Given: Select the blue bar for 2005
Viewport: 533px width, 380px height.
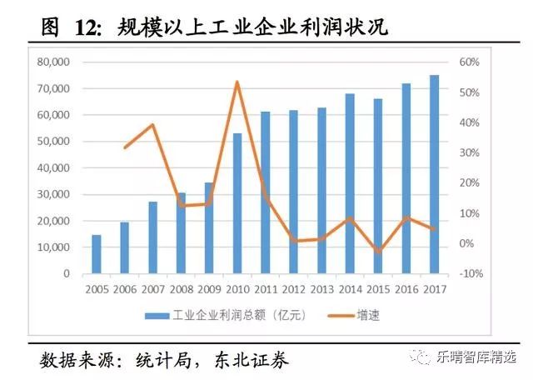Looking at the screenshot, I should (97, 254).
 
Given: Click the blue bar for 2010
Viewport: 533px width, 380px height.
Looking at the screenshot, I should (237, 203).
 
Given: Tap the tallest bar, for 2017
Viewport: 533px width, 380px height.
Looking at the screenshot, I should (434, 174).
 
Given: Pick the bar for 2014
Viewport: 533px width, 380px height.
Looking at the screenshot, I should (350, 183).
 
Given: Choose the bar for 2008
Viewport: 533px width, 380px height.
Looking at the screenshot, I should (181, 233).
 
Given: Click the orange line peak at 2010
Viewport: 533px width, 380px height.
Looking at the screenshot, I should (237, 82).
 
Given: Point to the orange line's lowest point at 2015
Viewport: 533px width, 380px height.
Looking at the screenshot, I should (378, 251).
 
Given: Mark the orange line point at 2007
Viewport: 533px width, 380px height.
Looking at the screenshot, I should (153, 125).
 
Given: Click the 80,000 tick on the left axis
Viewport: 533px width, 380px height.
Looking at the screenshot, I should (54, 62).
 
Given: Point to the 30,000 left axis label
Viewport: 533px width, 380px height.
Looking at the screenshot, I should (54, 194).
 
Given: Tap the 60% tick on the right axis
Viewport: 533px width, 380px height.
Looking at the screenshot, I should (469, 62).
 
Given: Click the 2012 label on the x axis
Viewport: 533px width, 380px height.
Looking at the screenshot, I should (293, 289).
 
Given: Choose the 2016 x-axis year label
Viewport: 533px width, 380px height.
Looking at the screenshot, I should (406, 289).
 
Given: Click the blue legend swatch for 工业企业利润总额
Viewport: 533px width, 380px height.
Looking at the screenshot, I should (156, 315).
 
